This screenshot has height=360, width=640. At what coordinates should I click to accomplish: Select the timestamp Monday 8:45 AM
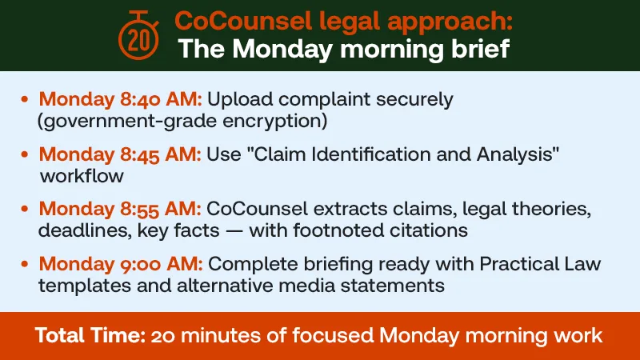(x=120, y=154)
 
